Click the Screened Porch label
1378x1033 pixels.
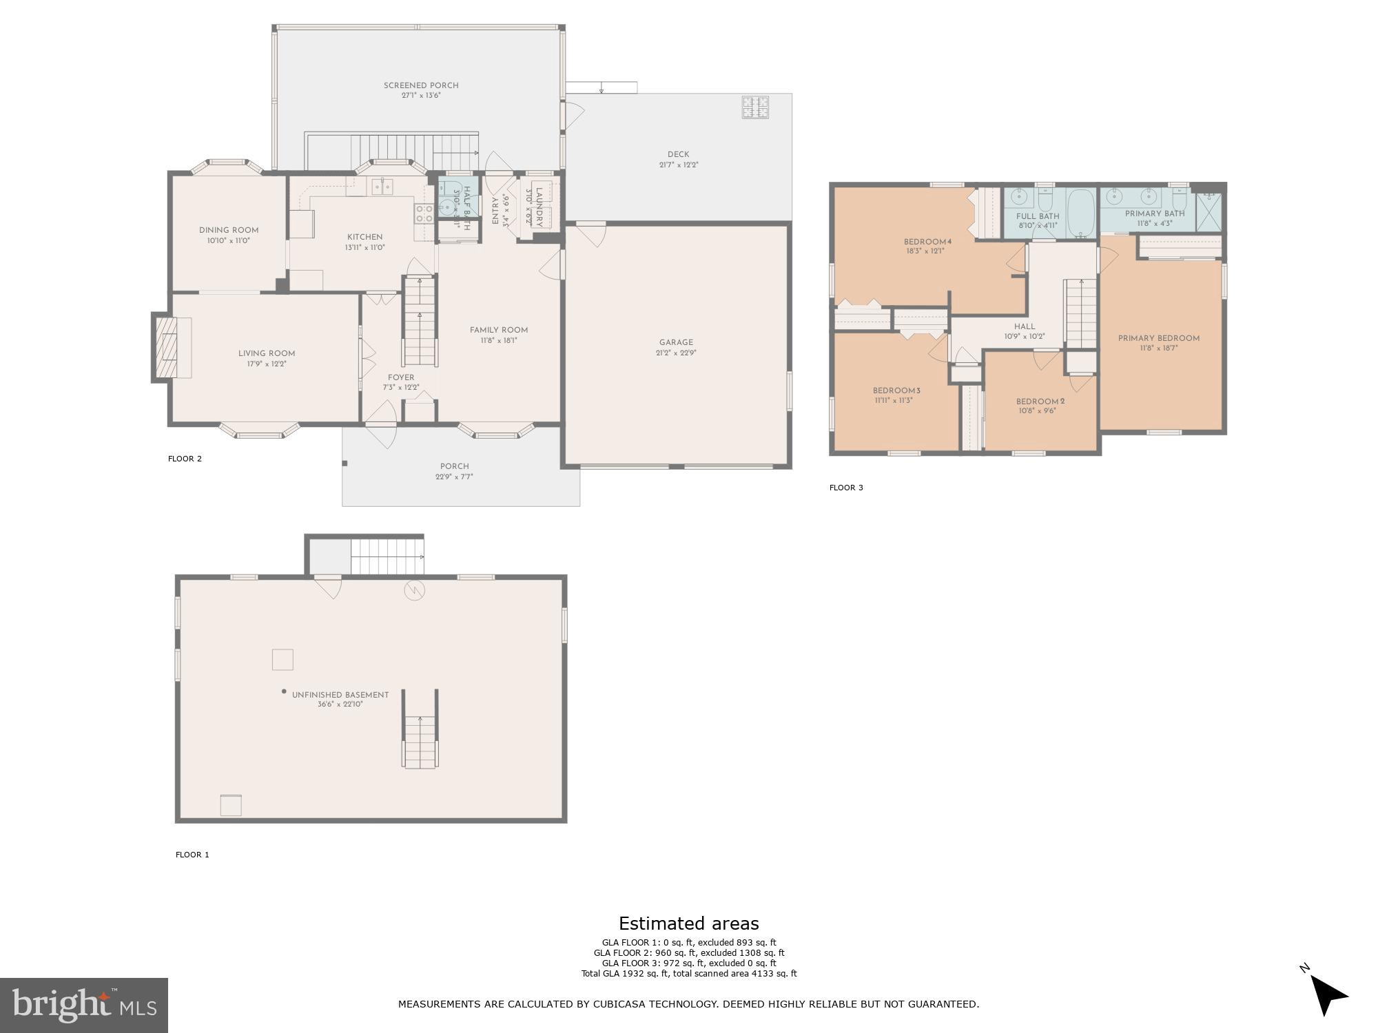click(421, 85)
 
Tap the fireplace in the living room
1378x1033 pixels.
click(165, 347)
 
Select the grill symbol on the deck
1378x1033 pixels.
click(755, 107)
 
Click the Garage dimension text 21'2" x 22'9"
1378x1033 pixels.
click(676, 353)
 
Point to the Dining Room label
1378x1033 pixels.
click(229, 231)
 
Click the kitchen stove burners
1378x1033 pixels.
click(423, 213)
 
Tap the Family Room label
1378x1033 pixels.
click(499, 330)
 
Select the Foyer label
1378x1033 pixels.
click(401, 377)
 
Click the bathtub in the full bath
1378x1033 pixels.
click(1080, 213)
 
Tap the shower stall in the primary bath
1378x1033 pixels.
click(1208, 212)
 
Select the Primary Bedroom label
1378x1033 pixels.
click(1159, 338)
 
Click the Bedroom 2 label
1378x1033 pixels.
click(1040, 401)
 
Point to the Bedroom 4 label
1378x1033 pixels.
click(927, 242)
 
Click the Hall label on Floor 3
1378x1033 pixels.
click(1025, 327)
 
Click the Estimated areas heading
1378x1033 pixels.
click(689, 924)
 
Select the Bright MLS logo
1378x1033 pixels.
click(84, 1005)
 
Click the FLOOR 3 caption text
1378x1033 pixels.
click(846, 488)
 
